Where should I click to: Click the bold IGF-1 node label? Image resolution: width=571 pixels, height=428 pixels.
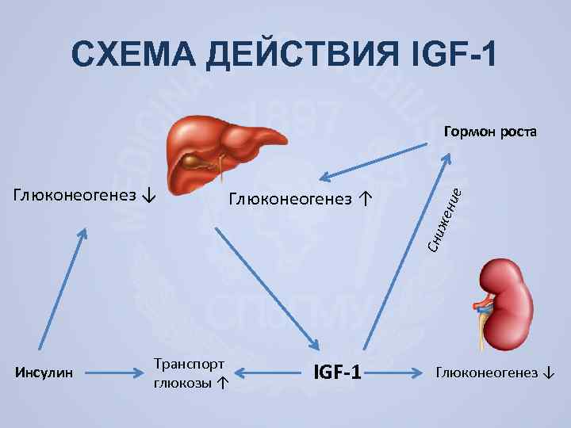click(x=336, y=371)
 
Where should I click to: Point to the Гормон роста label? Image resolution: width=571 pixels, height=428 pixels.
click(x=490, y=131)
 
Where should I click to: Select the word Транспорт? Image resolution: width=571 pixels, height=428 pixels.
click(x=190, y=364)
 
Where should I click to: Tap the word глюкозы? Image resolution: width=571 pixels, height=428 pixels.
click(x=182, y=382)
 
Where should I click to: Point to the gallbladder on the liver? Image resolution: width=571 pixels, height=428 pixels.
click(x=195, y=163)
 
